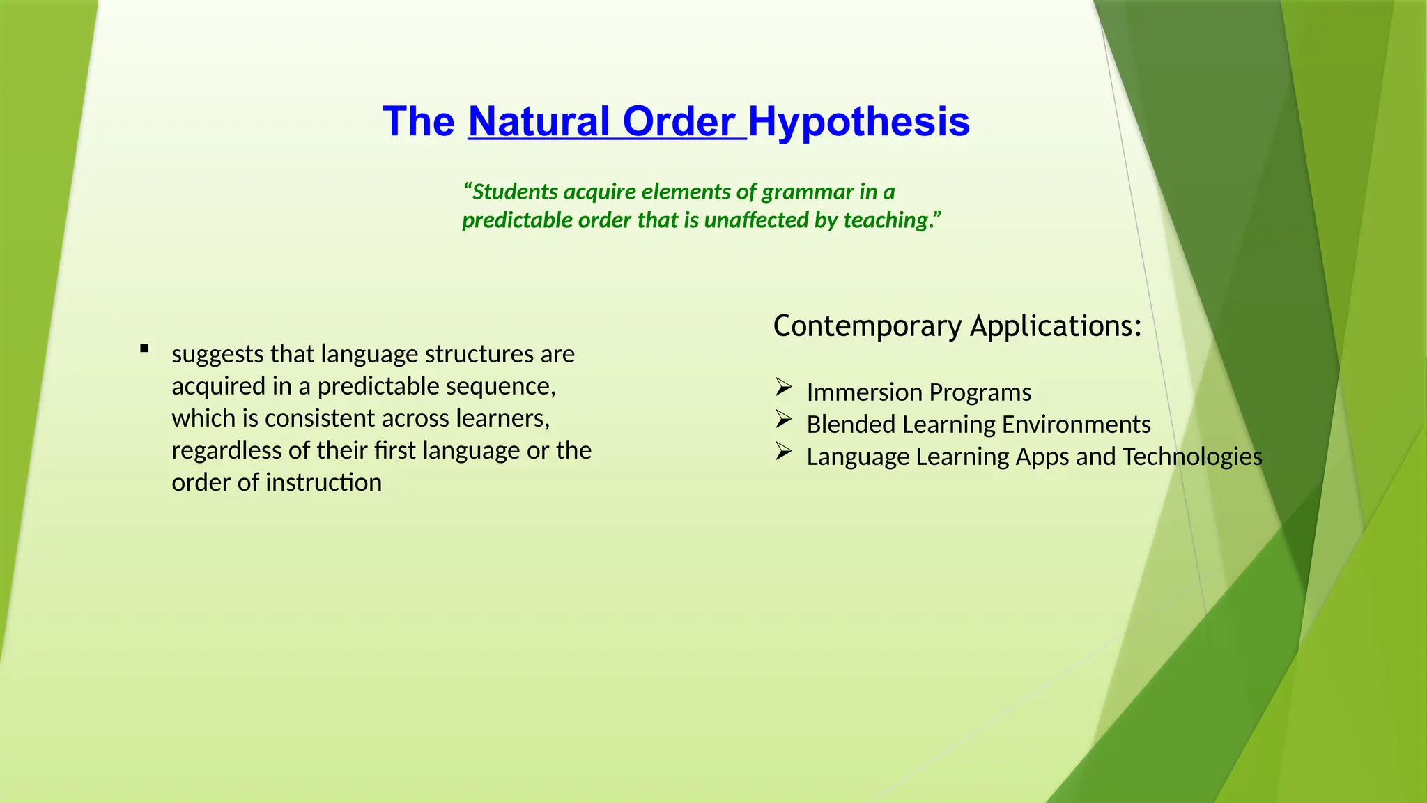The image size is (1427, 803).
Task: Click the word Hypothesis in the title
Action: click(x=858, y=122)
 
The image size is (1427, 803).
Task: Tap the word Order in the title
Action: click(x=678, y=122)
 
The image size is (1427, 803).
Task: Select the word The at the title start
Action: click(x=418, y=122)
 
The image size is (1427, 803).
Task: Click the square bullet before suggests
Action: click(x=144, y=349)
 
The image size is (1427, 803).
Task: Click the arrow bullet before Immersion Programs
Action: click(x=783, y=387)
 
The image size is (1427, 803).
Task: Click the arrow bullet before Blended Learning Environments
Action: click(x=783, y=419)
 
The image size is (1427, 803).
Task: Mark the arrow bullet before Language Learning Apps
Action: click(x=783, y=452)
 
